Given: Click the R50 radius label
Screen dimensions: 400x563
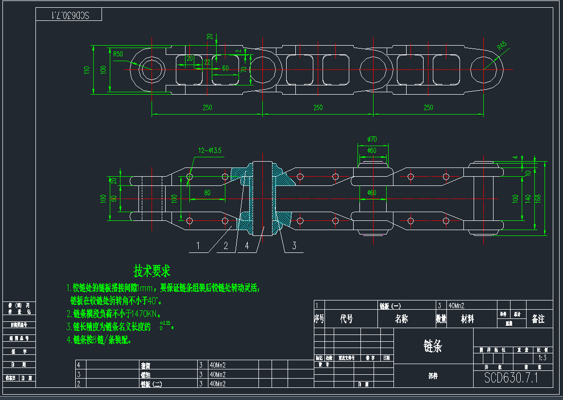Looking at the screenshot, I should [118, 54].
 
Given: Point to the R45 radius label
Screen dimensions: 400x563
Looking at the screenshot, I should [501, 47].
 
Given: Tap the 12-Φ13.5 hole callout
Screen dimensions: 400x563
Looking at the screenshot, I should [210, 150].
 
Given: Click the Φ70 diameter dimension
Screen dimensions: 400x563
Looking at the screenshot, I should [372, 139].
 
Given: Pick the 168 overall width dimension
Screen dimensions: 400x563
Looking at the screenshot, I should [538, 199].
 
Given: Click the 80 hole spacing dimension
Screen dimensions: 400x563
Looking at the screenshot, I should [207, 193].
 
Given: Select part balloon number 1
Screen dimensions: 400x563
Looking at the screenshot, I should [198, 246].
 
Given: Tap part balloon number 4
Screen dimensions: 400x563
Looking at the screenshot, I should [247, 246].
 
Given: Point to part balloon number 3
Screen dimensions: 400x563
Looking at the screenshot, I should [294, 246].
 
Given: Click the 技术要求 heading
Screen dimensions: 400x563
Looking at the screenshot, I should [152, 271].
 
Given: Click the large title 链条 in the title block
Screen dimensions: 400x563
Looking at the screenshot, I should [433, 346].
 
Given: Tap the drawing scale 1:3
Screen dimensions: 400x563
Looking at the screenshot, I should [543, 358].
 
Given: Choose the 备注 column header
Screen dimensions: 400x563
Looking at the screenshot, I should [538, 319].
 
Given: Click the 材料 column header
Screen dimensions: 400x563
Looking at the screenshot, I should [467, 319].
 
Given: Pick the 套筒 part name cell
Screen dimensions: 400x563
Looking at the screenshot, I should [145, 365].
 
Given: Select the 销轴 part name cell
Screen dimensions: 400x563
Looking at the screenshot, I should [145, 374].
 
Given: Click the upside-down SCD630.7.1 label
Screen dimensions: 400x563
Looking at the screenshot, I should [69, 16].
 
